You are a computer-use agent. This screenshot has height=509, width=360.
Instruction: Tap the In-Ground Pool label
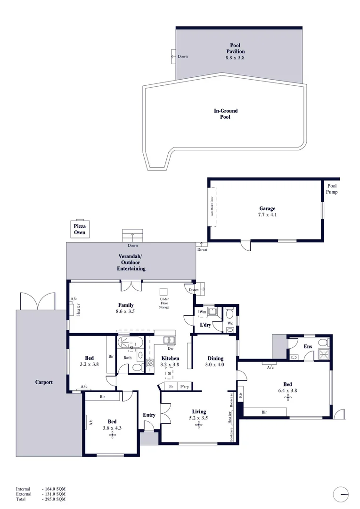coord(226,114)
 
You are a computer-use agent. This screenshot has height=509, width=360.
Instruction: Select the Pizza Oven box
coord(79,229)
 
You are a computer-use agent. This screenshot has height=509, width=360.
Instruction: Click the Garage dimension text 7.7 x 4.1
coord(267,215)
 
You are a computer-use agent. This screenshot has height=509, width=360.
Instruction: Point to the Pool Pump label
coord(333,189)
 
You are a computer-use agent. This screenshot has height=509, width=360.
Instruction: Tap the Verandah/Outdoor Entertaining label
coord(131,263)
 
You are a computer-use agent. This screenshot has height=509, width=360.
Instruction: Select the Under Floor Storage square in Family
coord(164,291)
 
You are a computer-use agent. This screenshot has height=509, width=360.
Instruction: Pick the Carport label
coord(43,382)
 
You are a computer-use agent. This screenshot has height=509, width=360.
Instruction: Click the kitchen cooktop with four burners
coord(150,363)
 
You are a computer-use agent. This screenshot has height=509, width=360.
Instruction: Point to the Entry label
coord(149,415)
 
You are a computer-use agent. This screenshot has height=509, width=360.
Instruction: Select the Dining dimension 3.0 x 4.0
coord(214,365)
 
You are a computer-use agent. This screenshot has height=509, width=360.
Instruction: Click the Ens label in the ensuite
coord(308,347)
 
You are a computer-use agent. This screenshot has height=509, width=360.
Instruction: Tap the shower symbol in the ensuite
coord(324,354)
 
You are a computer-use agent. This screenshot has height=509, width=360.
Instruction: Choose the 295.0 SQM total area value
coord(54,499)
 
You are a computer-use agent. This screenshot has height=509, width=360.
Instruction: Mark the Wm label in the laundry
coord(202,312)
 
